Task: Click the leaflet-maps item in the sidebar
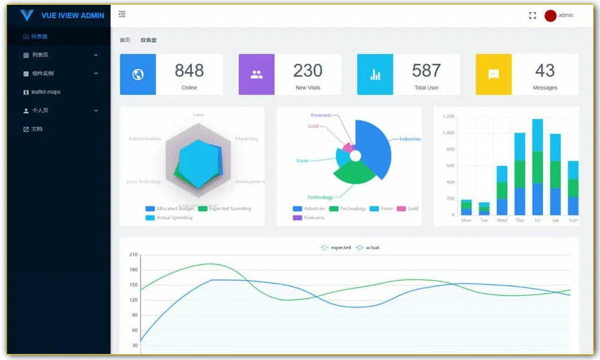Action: click(46, 92)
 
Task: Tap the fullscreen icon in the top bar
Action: click(532, 16)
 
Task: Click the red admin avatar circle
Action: click(550, 16)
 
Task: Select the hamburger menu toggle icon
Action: click(122, 14)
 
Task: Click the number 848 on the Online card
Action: click(189, 71)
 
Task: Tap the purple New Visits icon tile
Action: click(256, 74)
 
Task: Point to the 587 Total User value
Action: click(426, 71)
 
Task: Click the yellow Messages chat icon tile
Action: click(493, 74)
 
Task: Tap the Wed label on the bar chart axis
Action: click(502, 220)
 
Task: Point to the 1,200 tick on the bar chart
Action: click(448, 116)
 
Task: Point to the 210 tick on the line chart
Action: click(133, 254)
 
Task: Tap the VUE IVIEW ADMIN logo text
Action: click(73, 16)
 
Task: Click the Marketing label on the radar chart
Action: click(247, 139)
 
